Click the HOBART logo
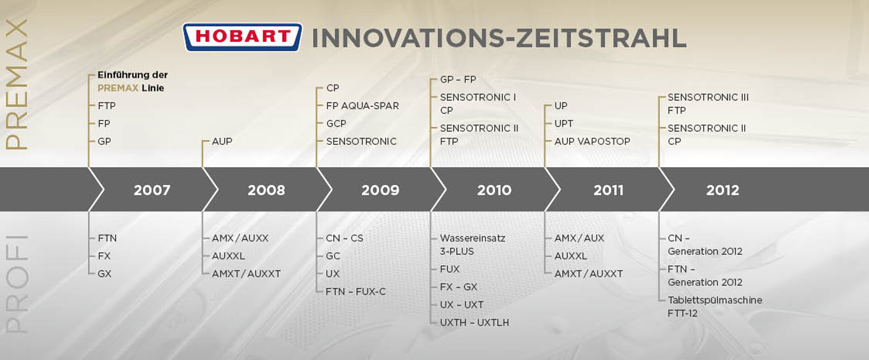(243, 37)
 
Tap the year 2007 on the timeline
(152, 190)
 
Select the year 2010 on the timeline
(494, 190)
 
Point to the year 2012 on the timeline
(722, 190)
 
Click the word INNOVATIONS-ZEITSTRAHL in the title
(499, 38)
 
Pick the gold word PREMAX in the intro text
(118, 88)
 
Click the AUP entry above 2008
(222, 141)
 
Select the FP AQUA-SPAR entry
(363, 106)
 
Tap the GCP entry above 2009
(336, 124)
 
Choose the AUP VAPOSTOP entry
(592, 141)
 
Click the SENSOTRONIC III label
(708, 97)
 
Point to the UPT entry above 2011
(563, 124)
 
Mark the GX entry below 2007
(105, 274)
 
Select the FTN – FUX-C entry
(356, 292)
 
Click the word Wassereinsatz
(473, 238)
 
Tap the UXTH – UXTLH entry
(474, 322)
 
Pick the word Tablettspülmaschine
(715, 300)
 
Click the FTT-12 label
(683, 313)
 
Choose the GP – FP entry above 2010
(458, 80)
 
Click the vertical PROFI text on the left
(17, 284)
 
